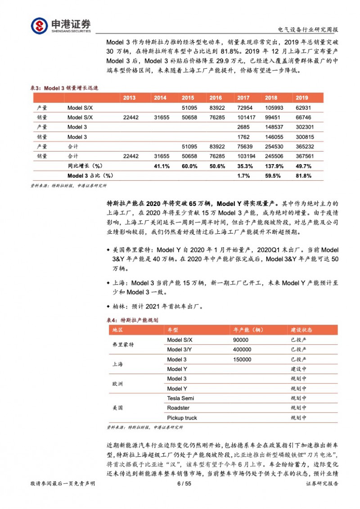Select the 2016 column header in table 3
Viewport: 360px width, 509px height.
pyautogui.click(x=216, y=98)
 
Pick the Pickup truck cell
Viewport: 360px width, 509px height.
pyautogui.click(x=182, y=418)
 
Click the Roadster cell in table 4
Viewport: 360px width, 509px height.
pyautogui.click(x=178, y=408)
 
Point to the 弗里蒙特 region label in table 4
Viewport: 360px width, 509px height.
pyautogui.click(x=123, y=344)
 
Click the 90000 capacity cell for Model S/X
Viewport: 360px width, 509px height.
pyautogui.click(x=241, y=339)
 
